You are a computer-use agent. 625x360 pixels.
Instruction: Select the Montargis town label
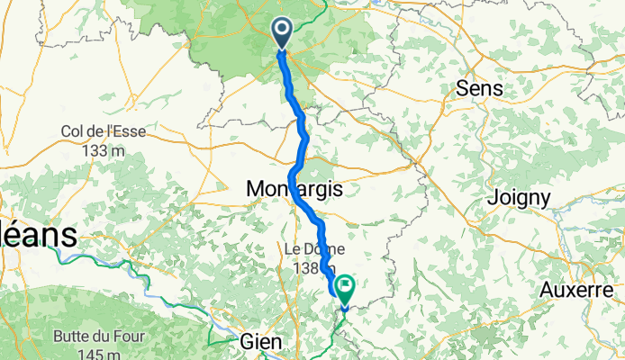(290, 189)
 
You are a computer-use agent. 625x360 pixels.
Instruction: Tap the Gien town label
(262, 342)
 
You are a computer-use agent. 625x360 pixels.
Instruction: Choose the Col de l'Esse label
(104, 131)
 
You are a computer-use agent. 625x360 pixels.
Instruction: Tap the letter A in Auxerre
(548, 290)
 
